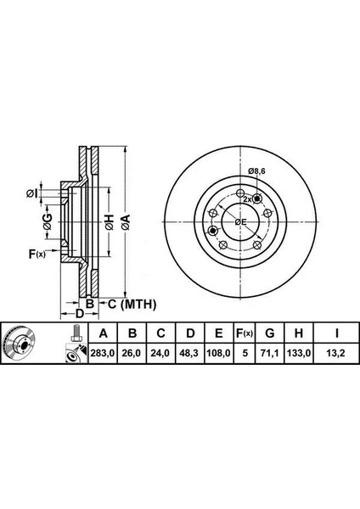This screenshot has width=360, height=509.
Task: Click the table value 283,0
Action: (x=103, y=353)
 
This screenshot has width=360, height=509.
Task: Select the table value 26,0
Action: (x=132, y=353)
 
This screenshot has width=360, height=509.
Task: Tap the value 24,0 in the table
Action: (x=160, y=353)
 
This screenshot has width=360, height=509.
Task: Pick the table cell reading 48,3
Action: (x=188, y=353)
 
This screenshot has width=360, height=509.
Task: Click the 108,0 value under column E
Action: (x=219, y=353)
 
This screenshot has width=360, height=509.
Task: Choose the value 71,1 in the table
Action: (x=270, y=353)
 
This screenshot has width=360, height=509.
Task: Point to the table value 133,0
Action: (x=298, y=353)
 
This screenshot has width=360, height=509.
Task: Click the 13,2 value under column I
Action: (x=335, y=353)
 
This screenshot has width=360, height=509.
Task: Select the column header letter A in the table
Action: (x=103, y=333)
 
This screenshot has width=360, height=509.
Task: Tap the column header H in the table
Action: (x=298, y=333)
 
